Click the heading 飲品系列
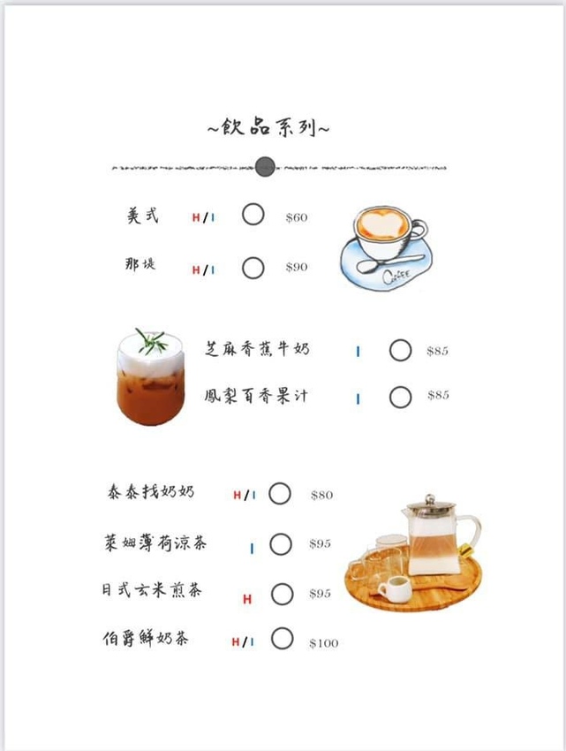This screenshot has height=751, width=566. coord(268,127)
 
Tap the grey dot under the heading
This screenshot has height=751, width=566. coord(265,165)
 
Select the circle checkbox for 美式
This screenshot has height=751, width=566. coord(253,215)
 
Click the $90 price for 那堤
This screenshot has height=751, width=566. coord(297,267)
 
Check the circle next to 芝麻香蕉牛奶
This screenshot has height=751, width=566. coord(400,351)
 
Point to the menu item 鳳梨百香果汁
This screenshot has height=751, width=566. coord(255,395)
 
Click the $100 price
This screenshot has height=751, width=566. coord(323,643)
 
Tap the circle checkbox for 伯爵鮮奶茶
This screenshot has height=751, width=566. coord(282,638)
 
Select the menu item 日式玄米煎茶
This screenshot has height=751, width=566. coord(151,590)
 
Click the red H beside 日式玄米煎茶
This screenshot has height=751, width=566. coord(247,599)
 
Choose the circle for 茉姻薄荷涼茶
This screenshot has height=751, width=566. coord(280,544)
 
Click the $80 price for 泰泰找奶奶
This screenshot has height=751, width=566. coord(321,495)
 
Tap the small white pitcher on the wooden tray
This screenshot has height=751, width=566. coord(394,588)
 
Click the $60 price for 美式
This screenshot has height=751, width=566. coord(297,217)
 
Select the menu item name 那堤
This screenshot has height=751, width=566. coord(140,263)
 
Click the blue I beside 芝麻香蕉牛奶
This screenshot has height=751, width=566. coord(358,352)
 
